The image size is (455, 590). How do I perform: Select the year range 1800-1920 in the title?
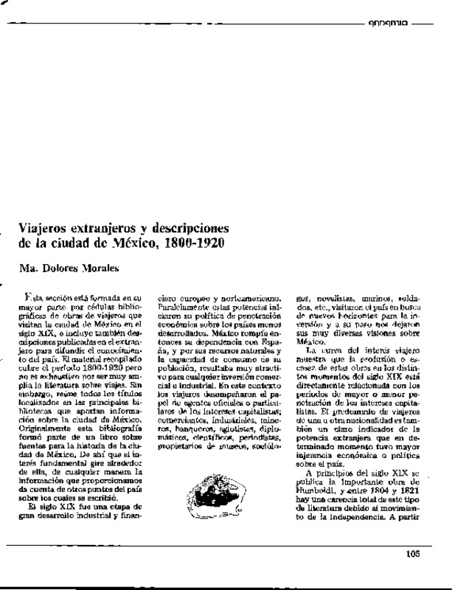(195, 242)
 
